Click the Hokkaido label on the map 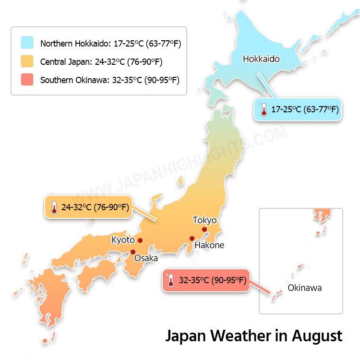coord(261,59)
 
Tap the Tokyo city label coord(204,220)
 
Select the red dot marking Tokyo coord(204,229)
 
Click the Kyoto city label coord(123,240)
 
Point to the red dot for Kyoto coord(140,240)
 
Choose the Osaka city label coord(146,258)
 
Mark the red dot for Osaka coord(133,252)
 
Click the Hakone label coord(209,245)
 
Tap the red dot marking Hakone coord(192,239)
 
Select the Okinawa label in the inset coord(304,288)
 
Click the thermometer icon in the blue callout coord(263,109)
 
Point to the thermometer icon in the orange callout coord(53,207)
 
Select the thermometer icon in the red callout coord(170,280)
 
